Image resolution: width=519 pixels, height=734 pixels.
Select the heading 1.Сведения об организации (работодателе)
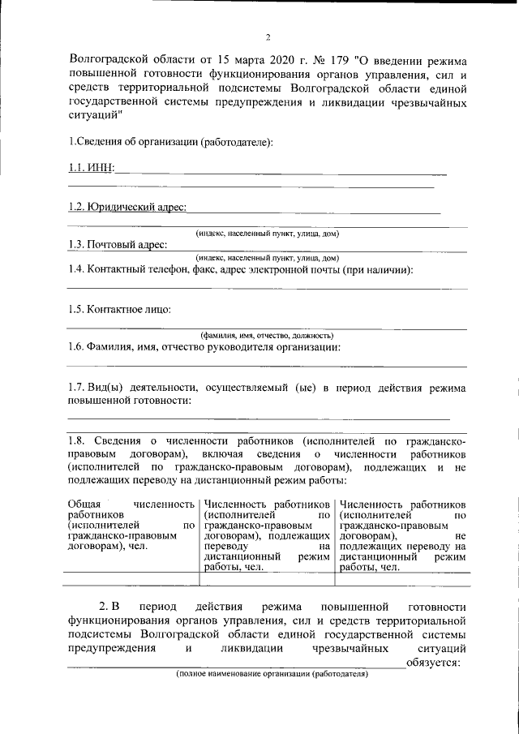click(170, 142)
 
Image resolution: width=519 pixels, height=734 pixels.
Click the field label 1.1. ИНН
click(90, 167)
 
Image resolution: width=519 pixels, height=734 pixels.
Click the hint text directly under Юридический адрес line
click(267, 234)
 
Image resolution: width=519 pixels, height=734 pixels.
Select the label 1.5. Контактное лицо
click(120, 309)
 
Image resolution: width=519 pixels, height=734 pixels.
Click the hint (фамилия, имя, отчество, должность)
click(267, 335)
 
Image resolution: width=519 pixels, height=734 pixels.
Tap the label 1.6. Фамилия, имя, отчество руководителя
click(204, 347)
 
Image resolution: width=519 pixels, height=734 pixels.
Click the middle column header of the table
click(267, 535)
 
